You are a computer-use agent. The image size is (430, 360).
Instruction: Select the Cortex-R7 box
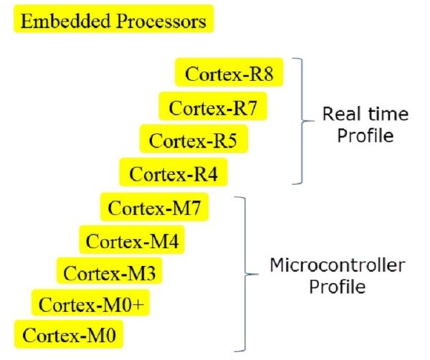click(x=212, y=108)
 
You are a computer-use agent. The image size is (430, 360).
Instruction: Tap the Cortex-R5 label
click(x=193, y=140)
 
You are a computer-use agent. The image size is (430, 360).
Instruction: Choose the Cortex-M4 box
click(x=133, y=241)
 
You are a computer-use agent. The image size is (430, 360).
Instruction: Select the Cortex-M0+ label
click(x=92, y=305)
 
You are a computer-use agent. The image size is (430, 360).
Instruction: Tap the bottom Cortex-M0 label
click(x=69, y=335)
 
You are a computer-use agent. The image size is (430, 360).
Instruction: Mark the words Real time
click(x=365, y=114)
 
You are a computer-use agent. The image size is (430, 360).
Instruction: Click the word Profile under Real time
click(x=365, y=135)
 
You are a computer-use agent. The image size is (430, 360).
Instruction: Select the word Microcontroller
click(x=337, y=265)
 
